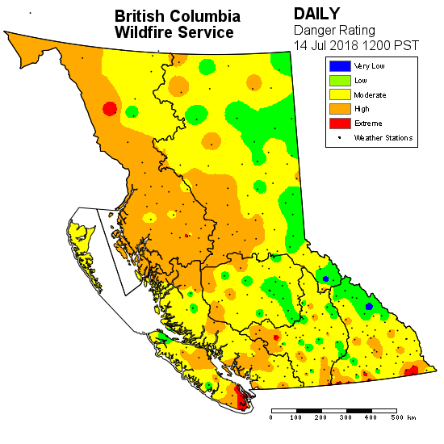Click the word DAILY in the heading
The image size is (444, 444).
click(317, 14)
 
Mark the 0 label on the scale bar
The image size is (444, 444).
click(271, 417)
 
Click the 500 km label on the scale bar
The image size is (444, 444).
click(401, 417)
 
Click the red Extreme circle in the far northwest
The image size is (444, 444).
click(111, 109)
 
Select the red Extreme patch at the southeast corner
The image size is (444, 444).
click(411, 370)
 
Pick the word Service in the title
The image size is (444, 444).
click(207, 32)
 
